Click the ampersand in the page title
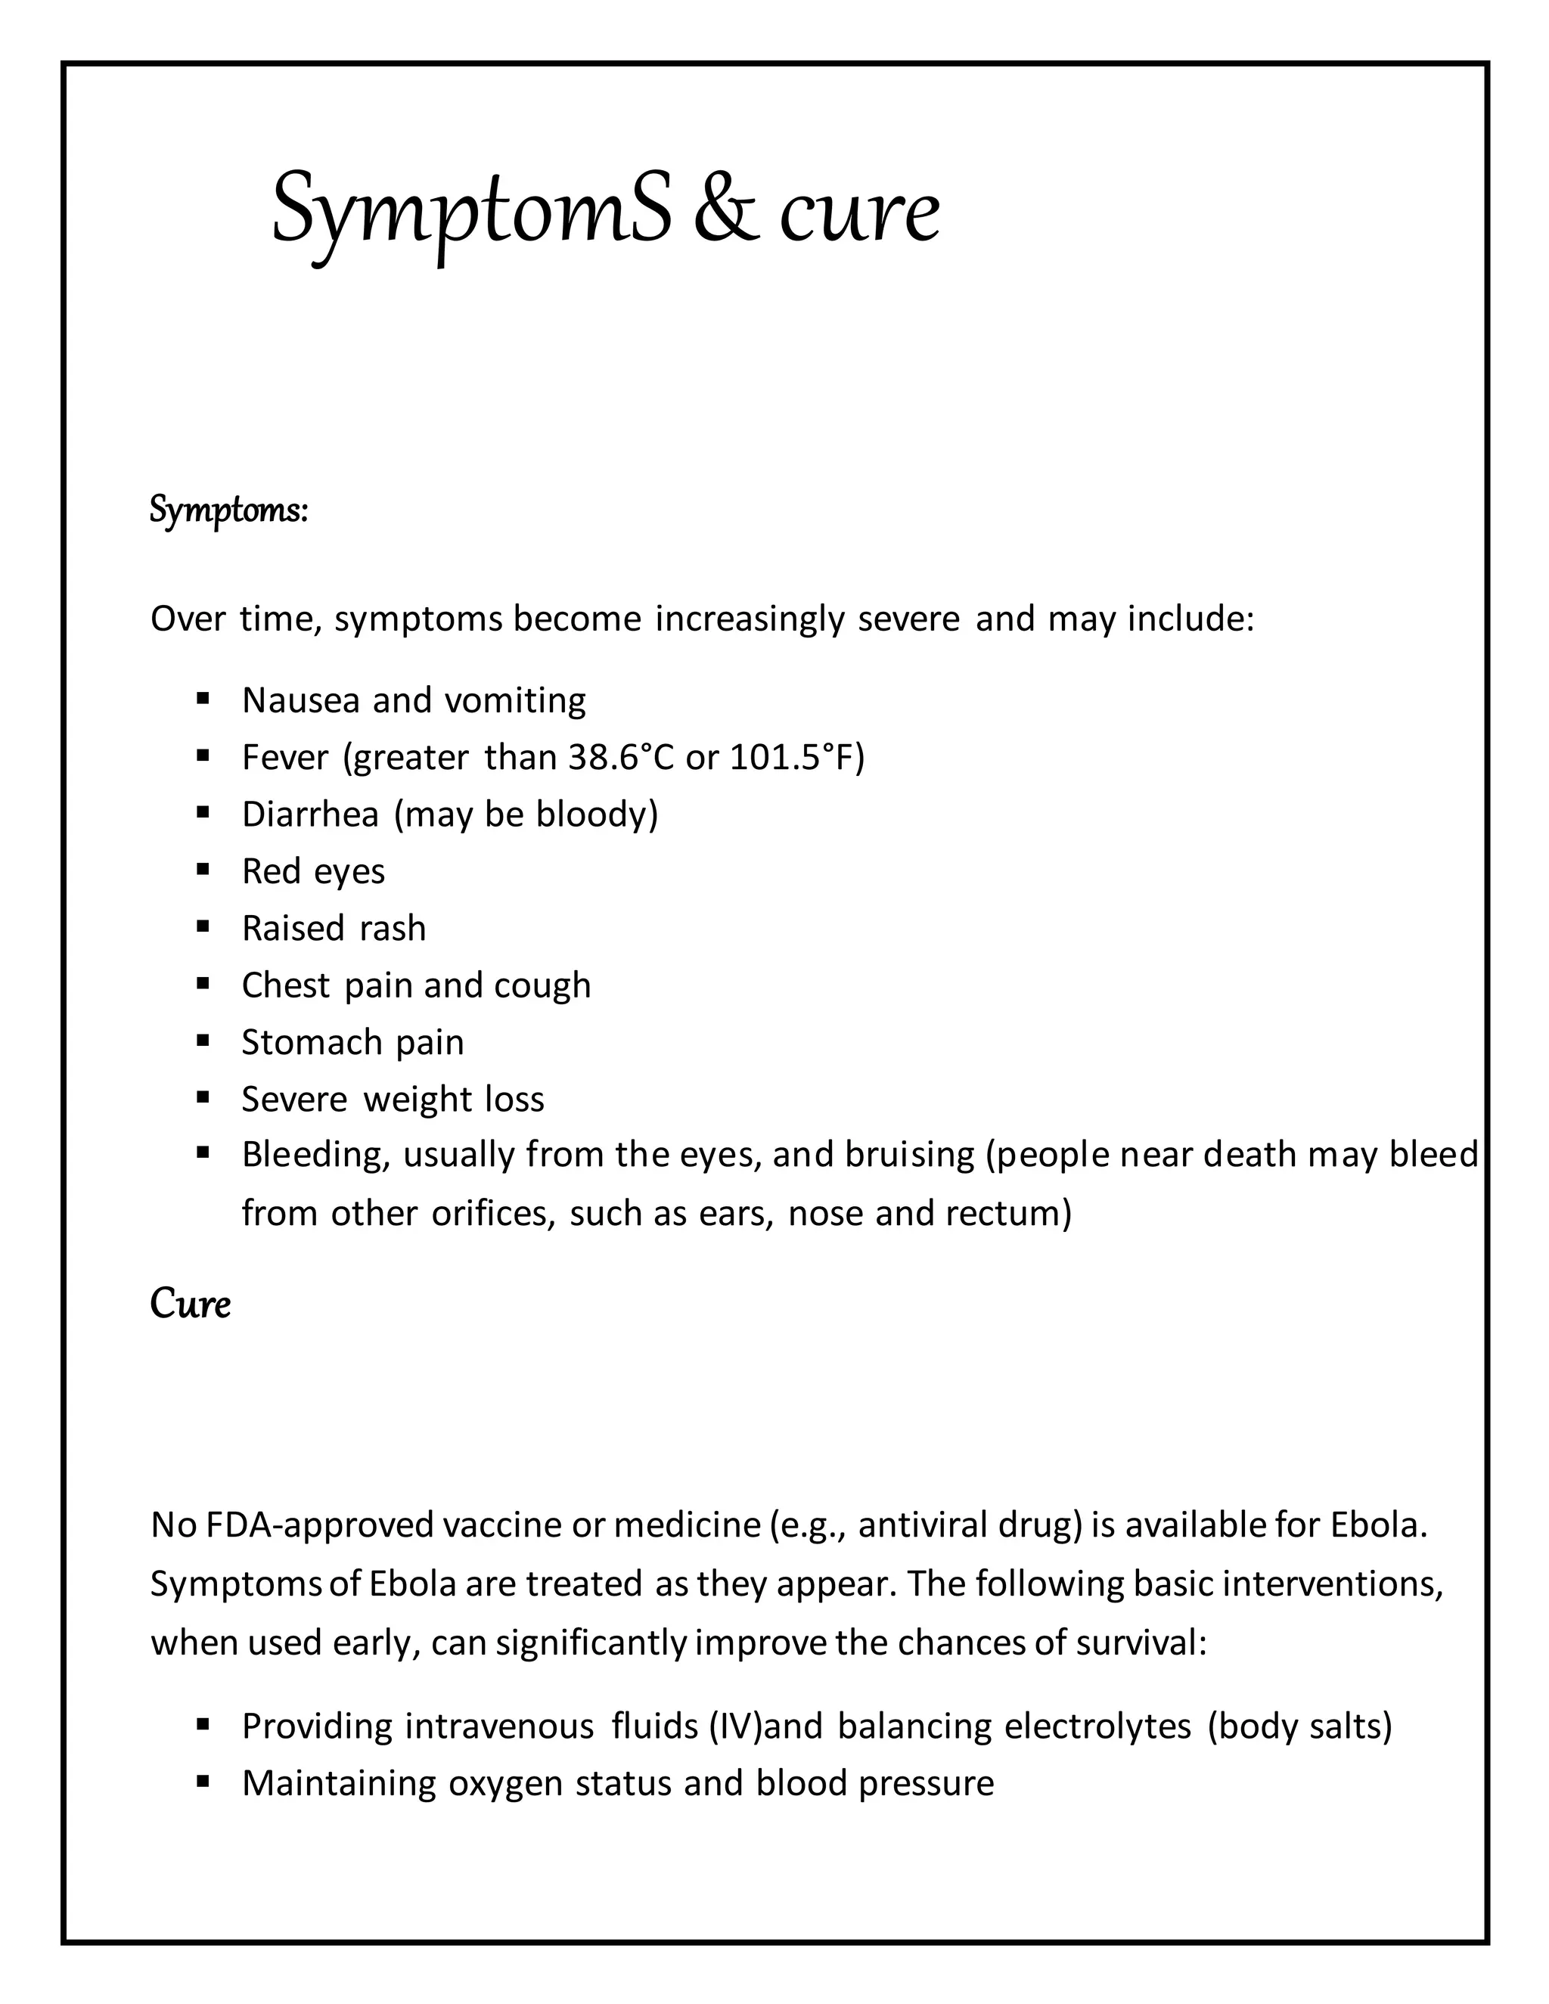click(x=726, y=209)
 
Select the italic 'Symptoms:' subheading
click(x=228, y=510)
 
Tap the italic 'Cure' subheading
click(x=190, y=1304)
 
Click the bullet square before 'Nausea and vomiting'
click(x=203, y=700)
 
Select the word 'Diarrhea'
click(x=309, y=814)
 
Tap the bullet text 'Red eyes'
click(x=313, y=872)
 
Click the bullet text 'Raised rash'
click(x=333, y=929)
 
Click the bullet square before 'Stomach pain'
click(x=203, y=1041)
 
